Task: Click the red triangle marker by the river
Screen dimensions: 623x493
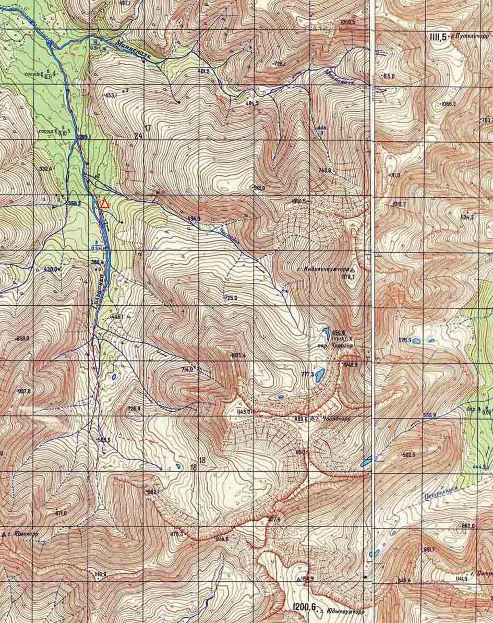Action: [x=105, y=203]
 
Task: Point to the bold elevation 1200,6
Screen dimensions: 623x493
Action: [x=304, y=606]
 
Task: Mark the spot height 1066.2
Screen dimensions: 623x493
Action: [x=448, y=104]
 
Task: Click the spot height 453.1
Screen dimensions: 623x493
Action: [x=111, y=95]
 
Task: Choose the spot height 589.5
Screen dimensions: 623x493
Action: [x=104, y=440]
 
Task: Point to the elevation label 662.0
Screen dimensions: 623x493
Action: [x=467, y=526]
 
